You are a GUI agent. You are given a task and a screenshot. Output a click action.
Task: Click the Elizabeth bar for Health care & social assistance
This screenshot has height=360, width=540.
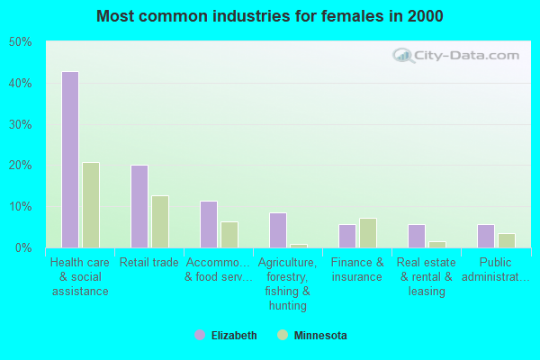click(69, 159)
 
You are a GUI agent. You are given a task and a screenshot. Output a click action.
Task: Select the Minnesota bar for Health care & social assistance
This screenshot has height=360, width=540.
click(91, 205)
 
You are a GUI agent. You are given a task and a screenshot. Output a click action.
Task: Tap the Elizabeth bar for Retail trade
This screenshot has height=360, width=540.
click(139, 206)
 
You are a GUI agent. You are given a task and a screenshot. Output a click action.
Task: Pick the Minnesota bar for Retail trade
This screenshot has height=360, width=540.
click(160, 221)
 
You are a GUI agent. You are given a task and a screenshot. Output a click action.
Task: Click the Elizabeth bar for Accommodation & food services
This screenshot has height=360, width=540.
click(208, 224)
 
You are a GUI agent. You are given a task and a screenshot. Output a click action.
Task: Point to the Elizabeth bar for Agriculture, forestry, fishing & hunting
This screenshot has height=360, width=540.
click(278, 230)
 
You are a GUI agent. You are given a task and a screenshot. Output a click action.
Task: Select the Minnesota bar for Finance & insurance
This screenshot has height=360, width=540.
click(368, 233)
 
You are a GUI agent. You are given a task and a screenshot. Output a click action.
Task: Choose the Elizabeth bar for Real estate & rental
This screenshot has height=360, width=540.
click(417, 236)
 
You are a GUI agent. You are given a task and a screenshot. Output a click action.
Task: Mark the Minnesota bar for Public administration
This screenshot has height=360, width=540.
click(507, 240)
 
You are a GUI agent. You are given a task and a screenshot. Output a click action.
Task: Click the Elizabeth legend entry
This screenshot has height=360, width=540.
click(225, 336)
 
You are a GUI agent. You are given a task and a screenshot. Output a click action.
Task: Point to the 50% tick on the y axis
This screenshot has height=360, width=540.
click(20, 42)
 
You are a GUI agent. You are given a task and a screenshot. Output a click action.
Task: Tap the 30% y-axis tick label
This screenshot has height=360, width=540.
click(20, 124)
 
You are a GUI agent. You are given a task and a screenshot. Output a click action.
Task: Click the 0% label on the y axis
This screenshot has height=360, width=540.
click(22, 247)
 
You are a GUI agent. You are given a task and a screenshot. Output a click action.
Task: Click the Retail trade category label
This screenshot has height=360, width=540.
click(149, 263)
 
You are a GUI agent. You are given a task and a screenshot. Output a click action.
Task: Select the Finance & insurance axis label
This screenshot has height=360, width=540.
click(357, 270)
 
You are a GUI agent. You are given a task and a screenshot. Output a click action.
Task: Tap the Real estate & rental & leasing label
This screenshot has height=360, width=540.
click(427, 277)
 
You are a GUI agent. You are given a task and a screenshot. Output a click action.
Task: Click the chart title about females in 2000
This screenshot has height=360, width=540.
click(270, 16)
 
